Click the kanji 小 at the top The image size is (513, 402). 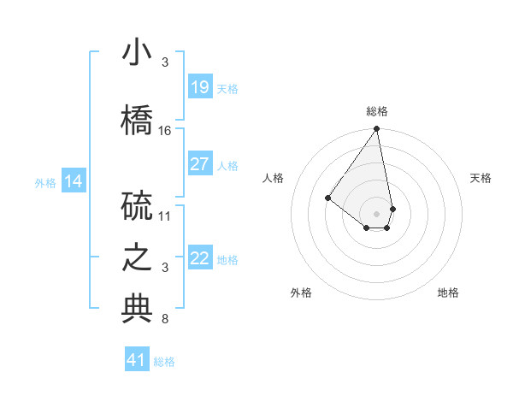click(x=137, y=53)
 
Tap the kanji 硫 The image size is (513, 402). click(x=137, y=204)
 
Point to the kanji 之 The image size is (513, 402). click(x=137, y=257)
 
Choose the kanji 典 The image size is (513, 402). click(x=137, y=309)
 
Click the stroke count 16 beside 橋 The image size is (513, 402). click(x=165, y=130)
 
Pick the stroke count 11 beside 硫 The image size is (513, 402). click(x=165, y=216)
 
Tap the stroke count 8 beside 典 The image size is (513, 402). click(x=165, y=319)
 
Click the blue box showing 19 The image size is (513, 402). click(x=199, y=87)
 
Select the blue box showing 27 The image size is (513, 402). click(x=199, y=164)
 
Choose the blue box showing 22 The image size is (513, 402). click(x=199, y=258)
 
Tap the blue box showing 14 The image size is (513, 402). click(x=73, y=181)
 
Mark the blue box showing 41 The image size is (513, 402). click(x=137, y=360)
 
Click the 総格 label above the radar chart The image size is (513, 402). click(x=377, y=111)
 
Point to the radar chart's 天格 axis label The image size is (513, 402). click(x=481, y=178)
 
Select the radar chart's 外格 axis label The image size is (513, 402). click(x=301, y=293)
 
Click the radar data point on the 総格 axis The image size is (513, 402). click(x=376, y=129)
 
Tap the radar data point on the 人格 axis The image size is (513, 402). click(x=327, y=198)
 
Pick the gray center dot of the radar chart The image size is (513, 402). click(x=376, y=213)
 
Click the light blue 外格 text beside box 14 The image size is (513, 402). click(x=45, y=182)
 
